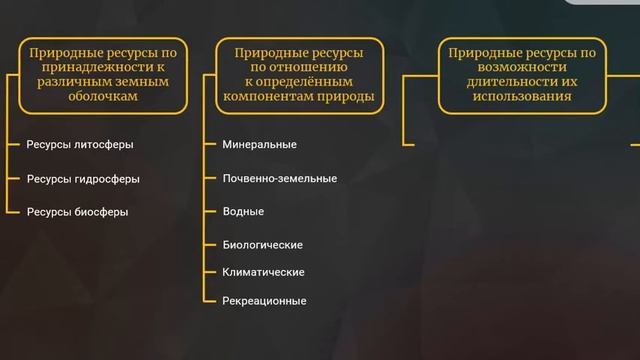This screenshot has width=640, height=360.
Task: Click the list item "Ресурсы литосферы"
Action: tap(80, 144)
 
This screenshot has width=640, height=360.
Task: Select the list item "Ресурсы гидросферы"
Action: tap(83, 179)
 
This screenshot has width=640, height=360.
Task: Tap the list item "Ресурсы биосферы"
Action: tap(77, 212)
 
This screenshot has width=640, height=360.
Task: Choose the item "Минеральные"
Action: tap(259, 144)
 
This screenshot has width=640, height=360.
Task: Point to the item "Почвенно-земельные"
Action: tap(279, 178)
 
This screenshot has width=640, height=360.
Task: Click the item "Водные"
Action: tap(243, 212)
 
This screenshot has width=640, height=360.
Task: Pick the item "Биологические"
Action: tap(262, 245)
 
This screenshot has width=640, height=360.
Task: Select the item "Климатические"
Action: tap(263, 272)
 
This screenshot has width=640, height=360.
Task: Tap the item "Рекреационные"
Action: tap(264, 301)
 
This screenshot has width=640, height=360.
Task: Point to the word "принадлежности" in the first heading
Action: tap(79, 67)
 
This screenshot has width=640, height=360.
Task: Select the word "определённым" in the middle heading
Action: tap(318, 82)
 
